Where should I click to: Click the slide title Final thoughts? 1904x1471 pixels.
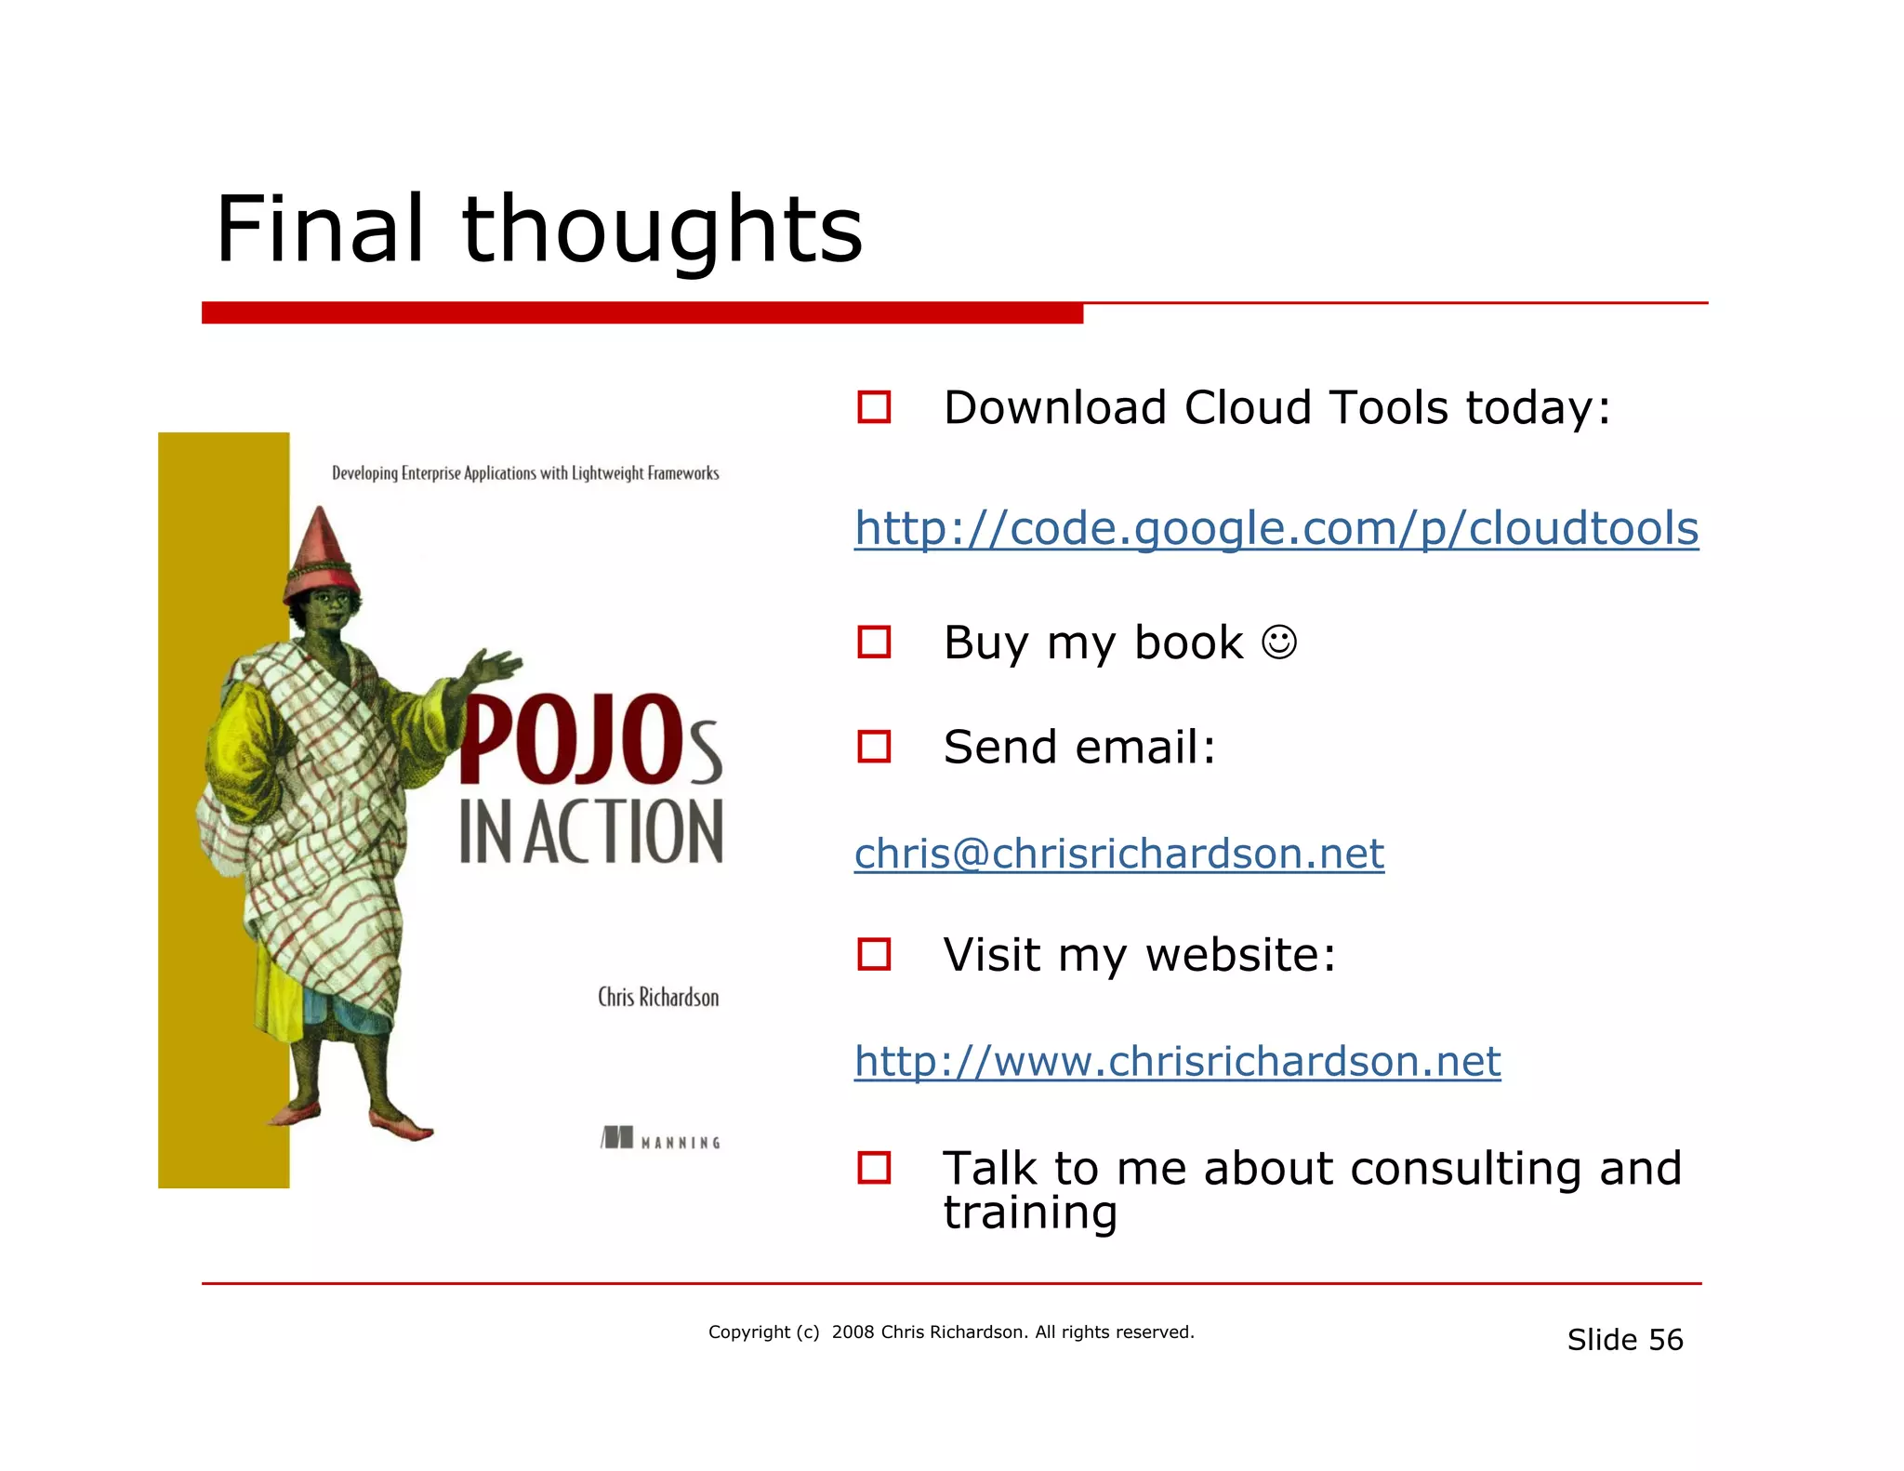pos(539,229)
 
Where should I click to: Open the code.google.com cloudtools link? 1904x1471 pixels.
pos(1276,529)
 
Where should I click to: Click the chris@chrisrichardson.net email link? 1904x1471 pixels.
pos(1118,854)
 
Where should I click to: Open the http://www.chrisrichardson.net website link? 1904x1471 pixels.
pos(1177,1061)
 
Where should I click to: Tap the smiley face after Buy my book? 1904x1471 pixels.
pos(1279,643)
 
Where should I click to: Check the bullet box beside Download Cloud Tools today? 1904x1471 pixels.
pos(874,407)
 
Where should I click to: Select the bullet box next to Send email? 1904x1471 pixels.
pos(874,747)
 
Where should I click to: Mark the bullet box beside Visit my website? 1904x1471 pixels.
pos(874,954)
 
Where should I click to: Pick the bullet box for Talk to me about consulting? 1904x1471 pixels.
pos(874,1168)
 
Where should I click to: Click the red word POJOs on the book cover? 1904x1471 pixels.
pos(589,740)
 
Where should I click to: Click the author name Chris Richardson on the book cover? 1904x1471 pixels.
pos(658,998)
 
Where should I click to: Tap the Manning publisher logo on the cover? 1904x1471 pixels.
pos(660,1139)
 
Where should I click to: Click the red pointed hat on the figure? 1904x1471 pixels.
pos(321,553)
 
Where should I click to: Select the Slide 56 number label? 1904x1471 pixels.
pos(1624,1340)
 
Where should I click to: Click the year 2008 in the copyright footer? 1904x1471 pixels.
pos(853,1332)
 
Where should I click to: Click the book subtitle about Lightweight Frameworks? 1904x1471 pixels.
pos(525,473)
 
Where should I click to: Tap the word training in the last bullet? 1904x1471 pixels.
pos(1030,1213)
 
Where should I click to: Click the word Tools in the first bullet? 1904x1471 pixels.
pos(1389,408)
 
